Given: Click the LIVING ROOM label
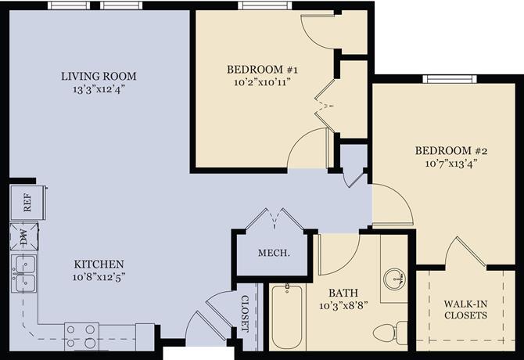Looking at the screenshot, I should (x=99, y=76).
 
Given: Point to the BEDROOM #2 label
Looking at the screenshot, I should (x=445, y=150).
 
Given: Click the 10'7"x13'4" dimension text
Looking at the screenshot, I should (x=445, y=164).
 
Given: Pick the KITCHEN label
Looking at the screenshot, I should (x=99, y=264).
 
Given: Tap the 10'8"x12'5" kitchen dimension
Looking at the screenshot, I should (x=99, y=276).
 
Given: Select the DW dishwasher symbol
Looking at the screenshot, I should (x=23, y=236).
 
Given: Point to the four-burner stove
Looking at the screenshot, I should (x=81, y=336).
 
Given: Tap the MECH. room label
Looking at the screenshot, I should (x=275, y=254).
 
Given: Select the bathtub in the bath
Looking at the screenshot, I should (x=288, y=318).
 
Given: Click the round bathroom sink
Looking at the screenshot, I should (x=396, y=278).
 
